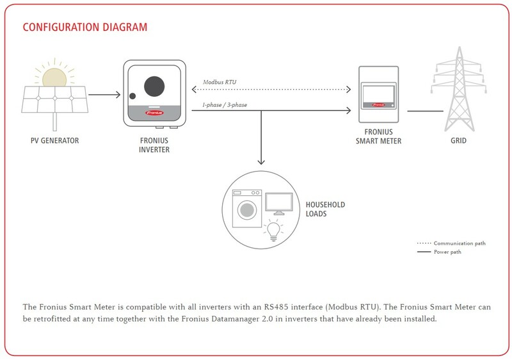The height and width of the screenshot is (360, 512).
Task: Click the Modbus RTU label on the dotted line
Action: point(220,83)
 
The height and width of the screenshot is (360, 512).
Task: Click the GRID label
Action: point(457,140)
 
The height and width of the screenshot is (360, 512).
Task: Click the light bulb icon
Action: point(273,229)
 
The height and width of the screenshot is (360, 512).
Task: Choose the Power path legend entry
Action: point(447,252)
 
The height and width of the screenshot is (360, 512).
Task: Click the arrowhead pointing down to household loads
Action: point(261,163)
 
